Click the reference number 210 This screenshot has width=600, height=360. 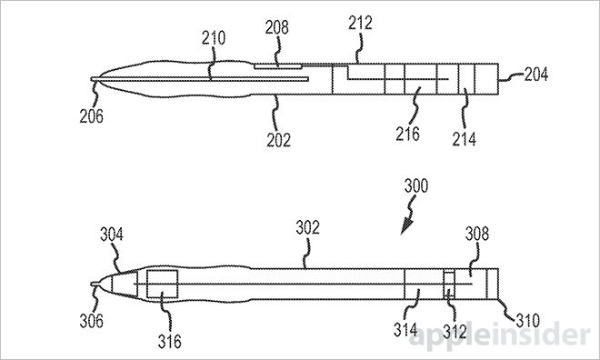214,38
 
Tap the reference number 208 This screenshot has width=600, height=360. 277,27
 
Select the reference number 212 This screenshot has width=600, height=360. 360,23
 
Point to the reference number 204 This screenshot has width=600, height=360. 535,75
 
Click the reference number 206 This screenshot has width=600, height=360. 92,116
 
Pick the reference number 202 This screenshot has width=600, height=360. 278,140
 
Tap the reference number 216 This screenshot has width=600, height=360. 407,134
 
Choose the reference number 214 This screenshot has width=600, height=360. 465,139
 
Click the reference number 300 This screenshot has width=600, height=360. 416,186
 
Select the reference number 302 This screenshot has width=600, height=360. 307,227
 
